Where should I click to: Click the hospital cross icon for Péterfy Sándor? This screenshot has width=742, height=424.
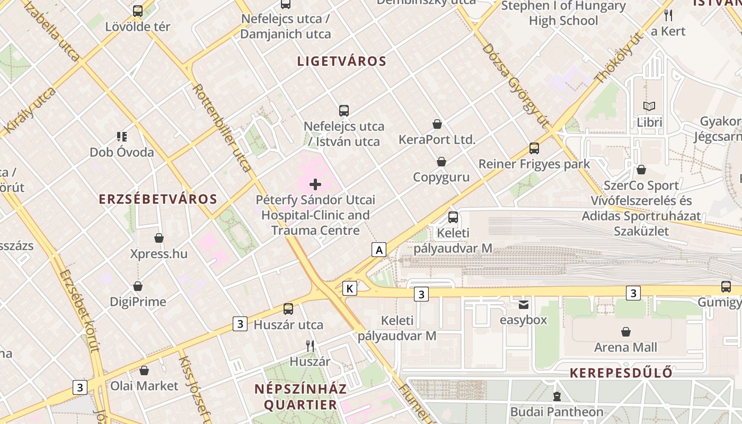tap(315, 184)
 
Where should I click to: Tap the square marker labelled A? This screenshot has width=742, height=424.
tap(378, 250)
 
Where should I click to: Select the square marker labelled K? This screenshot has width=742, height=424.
tap(349, 288)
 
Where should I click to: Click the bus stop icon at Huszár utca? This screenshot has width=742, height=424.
tap(288, 309)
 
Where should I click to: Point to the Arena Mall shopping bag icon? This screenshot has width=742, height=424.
tap(626, 332)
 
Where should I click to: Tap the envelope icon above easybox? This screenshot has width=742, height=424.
tap(524, 305)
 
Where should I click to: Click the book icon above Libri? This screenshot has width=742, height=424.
tap(649, 107)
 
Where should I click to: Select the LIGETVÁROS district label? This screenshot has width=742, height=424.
tap(342, 61)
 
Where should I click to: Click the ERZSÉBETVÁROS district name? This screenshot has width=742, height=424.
tap(158, 199)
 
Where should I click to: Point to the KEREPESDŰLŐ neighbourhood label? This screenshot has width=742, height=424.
tap(621, 373)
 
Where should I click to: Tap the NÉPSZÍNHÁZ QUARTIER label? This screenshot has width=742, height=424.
tap(301, 396)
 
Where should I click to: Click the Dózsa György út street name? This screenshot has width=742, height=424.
tap(515, 85)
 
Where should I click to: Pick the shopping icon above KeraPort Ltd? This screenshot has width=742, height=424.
tap(437, 124)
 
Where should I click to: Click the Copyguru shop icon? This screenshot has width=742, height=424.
tap(441, 162)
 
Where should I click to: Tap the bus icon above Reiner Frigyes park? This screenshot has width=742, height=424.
tap(534, 148)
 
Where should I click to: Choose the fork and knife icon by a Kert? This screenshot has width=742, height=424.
tap(668, 15)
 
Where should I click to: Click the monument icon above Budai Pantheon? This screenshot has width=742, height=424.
tap(556, 396)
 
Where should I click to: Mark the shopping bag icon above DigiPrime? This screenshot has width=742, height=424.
tap(138, 286)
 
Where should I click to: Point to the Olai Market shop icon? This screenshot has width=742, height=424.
tap(144, 370)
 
